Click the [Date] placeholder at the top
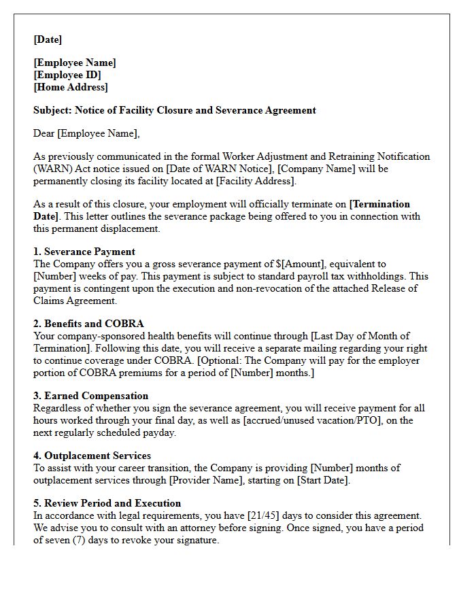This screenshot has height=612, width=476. click(48, 39)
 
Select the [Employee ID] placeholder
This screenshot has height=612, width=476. click(67, 75)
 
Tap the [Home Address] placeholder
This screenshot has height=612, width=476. click(71, 87)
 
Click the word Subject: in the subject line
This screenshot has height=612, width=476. click(52, 110)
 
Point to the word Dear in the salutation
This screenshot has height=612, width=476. click(44, 133)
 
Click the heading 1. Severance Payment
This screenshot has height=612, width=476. click(84, 252)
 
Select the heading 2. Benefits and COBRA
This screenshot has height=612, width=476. click(88, 324)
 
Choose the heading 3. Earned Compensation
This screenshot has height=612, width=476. click(90, 396)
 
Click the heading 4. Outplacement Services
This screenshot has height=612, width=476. click(92, 456)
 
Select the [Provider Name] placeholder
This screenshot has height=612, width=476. click(201, 480)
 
